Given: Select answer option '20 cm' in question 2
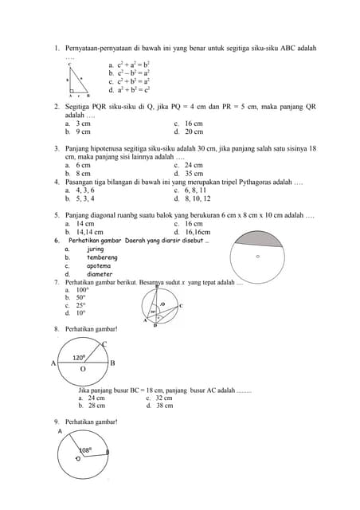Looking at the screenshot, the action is click(194, 131).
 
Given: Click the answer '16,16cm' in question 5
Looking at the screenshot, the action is click(198, 232).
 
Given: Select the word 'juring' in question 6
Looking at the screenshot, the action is click(96, 249).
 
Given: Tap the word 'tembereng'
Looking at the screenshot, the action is click(101, 257).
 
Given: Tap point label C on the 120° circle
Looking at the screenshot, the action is click(104, 343).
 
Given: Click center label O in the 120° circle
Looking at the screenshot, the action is click(83, 369).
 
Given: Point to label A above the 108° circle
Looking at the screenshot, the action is click(60, 430).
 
